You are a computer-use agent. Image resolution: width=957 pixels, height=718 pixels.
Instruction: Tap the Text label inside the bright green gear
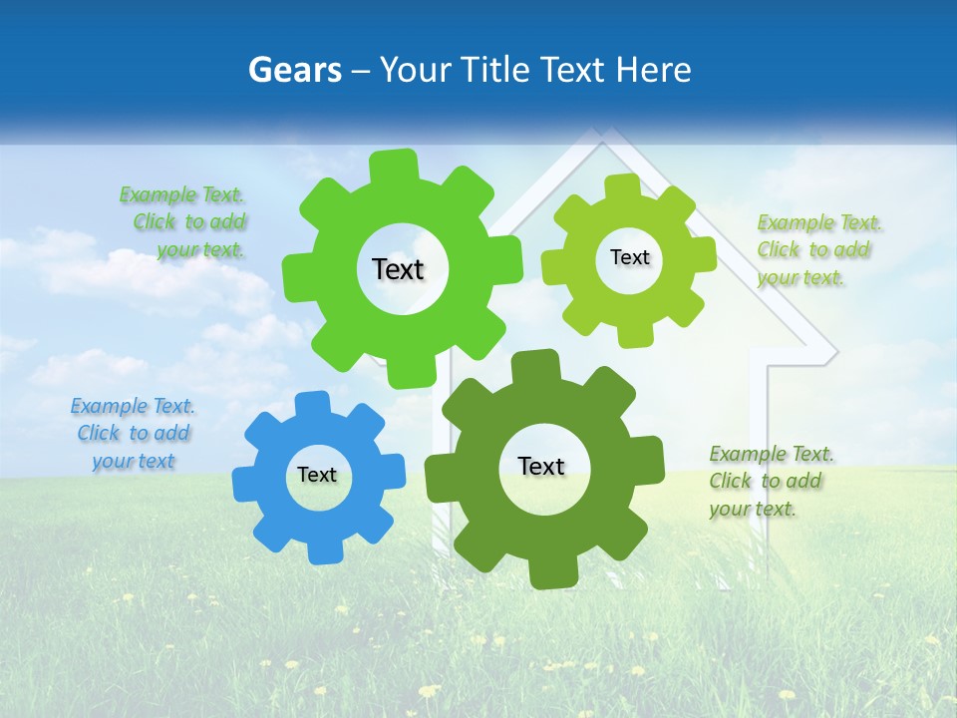coord(398,269)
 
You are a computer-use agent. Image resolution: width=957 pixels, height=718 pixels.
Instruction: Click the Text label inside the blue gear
coord(317,475)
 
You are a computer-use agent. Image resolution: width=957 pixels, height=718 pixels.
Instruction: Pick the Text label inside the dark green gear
coord(541,466)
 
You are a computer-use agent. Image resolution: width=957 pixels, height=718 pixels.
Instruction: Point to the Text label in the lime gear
coord(629,257)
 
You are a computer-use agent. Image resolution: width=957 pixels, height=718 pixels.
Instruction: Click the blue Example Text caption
coord(133,433)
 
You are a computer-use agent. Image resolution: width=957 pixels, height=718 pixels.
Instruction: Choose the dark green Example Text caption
coord(771,481)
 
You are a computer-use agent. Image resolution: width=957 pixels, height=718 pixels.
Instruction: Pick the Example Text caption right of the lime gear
coord(819,249)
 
